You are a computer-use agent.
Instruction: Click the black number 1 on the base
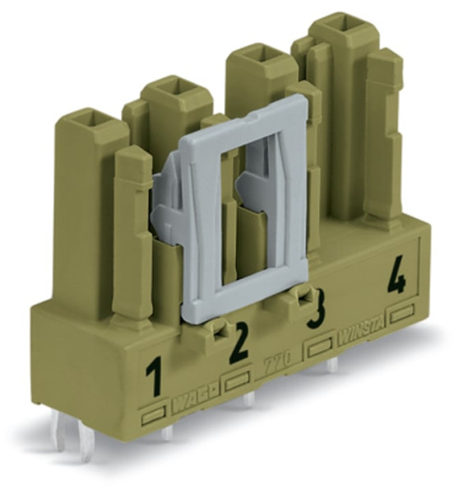(x=154, y=378)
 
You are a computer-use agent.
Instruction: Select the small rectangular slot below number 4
(x=404, y=314)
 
